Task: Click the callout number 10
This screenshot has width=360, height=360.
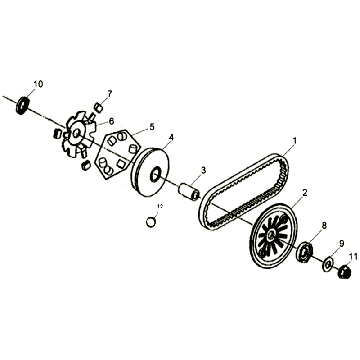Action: [38, 83]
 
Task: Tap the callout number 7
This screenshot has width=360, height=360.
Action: [109, 93]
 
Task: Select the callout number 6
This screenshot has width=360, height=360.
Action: [111, 121]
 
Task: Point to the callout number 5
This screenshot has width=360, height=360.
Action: [152, 127]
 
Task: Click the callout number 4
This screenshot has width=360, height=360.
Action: [171, 137]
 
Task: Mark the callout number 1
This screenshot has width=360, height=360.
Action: [294, 141]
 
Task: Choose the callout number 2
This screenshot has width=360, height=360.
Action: [304, 192]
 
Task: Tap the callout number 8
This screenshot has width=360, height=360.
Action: [323, 228]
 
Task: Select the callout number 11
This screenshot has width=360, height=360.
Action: [352, 257]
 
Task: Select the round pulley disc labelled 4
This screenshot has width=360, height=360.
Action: [156, 169]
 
